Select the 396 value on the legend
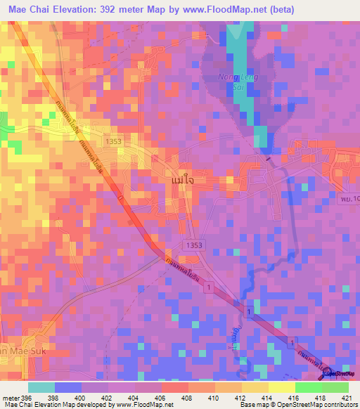26,397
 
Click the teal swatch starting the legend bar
41,387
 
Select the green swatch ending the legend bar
335,387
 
